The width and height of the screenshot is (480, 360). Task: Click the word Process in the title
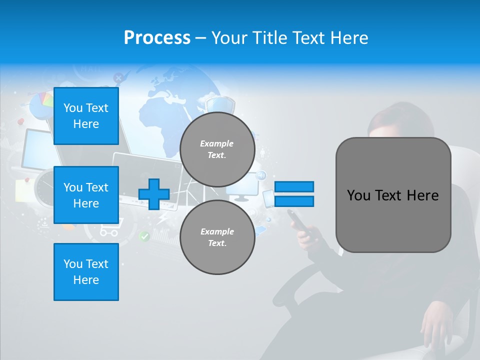pyautogui.click(x=157, y=38)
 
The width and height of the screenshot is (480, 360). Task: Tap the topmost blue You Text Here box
pyautogui.click(x=86, y=116)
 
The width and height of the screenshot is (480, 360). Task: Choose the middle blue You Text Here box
pyautogui.click(x=86, y=195)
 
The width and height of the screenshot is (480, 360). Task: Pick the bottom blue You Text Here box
pyautogui.click(x=86, y=271)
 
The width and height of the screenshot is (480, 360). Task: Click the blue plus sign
pyautogui.click(x=154, y=194)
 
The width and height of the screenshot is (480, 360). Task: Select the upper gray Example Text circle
pyautogui.click(x=217, y=149)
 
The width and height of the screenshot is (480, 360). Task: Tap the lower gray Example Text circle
pyautogui.click(x=217, y=237)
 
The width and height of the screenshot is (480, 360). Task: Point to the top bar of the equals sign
pyautogui.click(x=294, y=186)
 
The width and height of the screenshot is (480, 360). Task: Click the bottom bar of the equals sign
pyautogui.click(x=294, y=201)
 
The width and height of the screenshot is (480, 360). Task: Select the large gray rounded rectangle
pyautogui.click(x=393, y=195)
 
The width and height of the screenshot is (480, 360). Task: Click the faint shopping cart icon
pyautogui.click(x=109, y=230)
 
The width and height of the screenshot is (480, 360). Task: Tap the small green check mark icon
pyautogui.click(x=144, y=236)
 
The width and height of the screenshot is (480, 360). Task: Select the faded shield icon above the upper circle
pyautogui.click(x=220, y=105)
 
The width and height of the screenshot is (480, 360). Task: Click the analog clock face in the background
pyautogui.click(x=45, y=188)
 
